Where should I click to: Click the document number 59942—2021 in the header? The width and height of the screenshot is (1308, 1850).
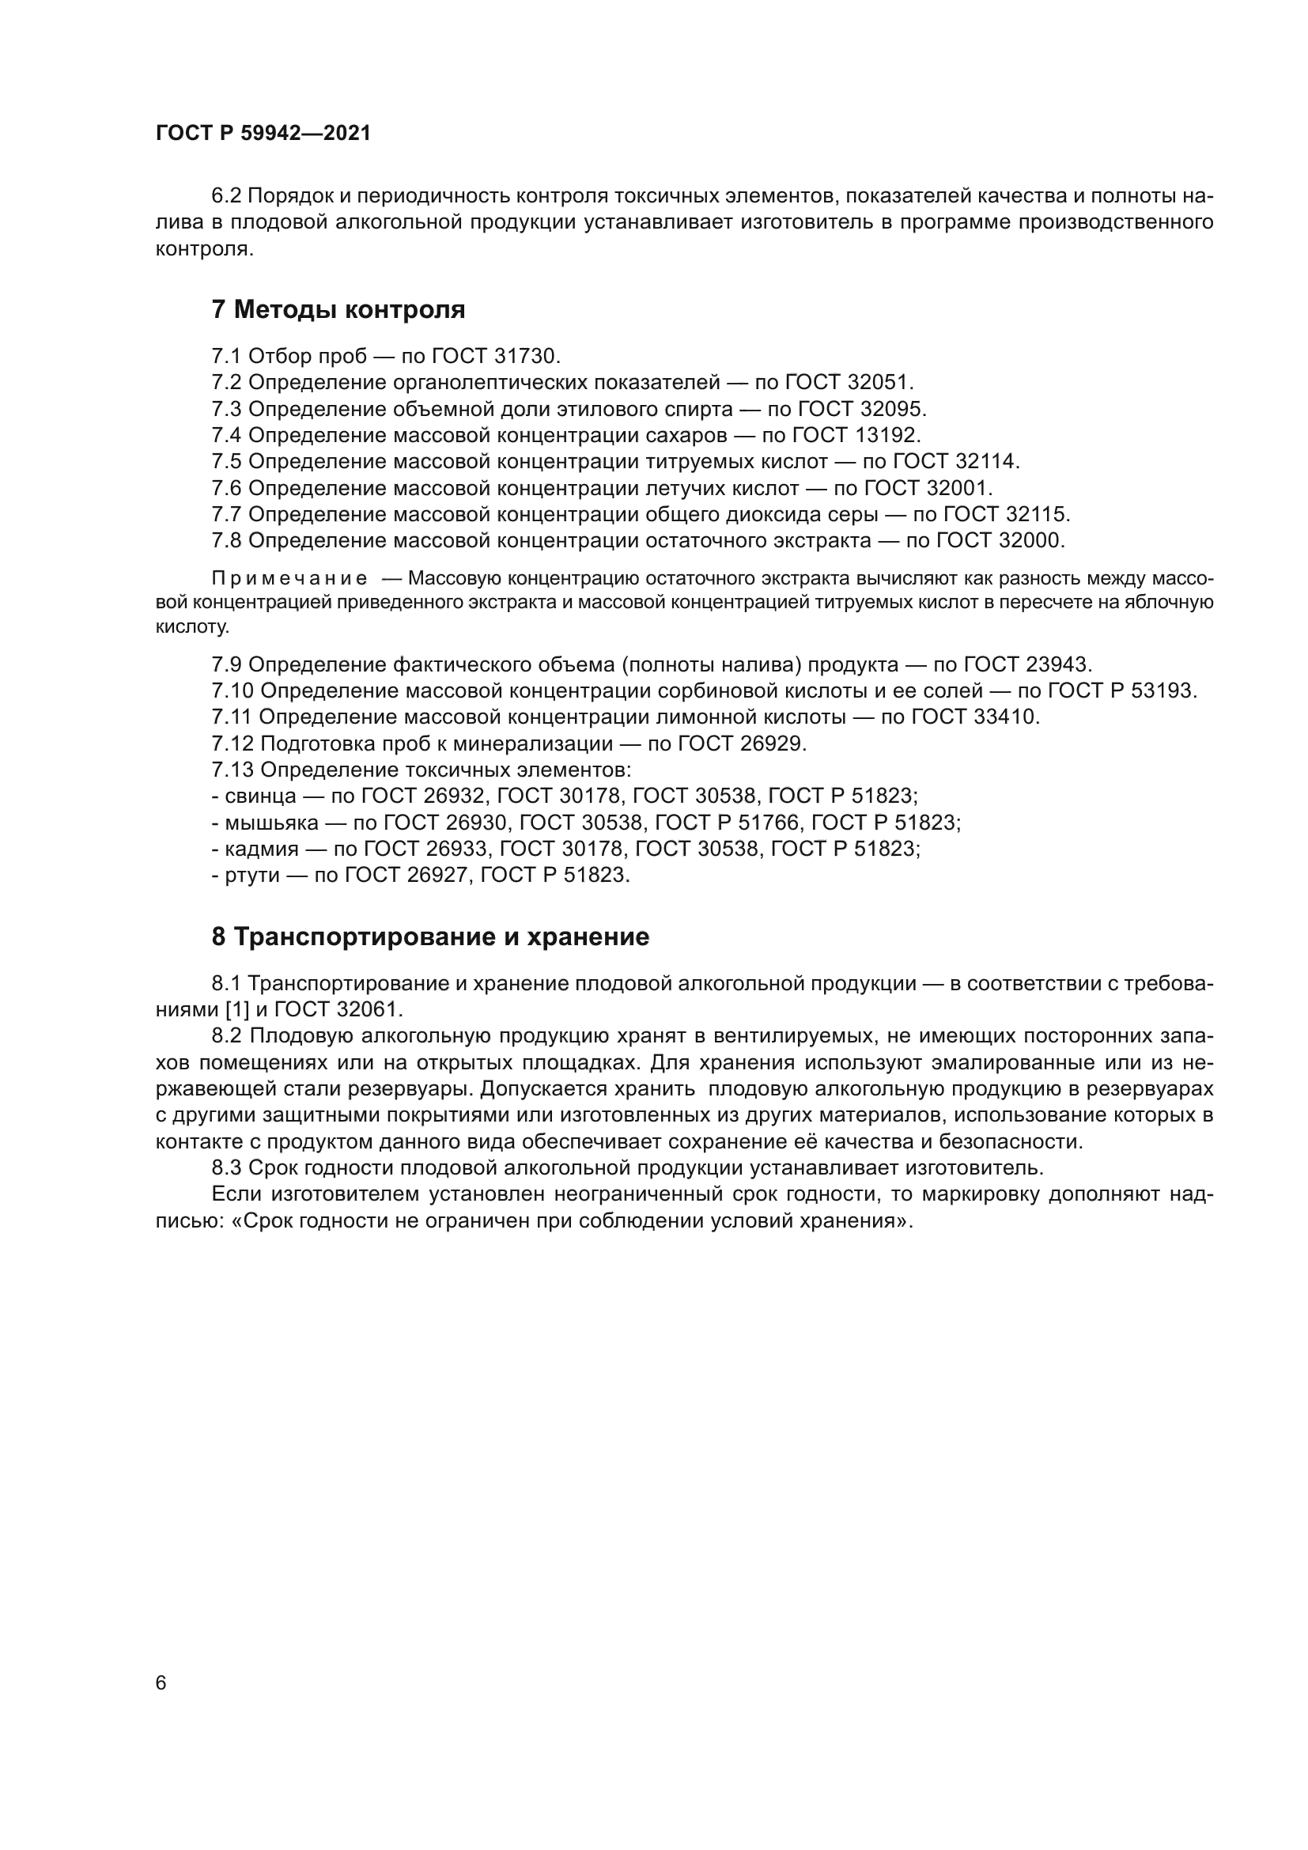point(306,134)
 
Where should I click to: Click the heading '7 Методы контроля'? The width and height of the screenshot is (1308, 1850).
point(338,309)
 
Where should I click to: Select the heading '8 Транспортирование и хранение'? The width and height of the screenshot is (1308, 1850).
point(430,936)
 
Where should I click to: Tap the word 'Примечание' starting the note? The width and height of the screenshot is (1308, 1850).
point(289,578)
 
